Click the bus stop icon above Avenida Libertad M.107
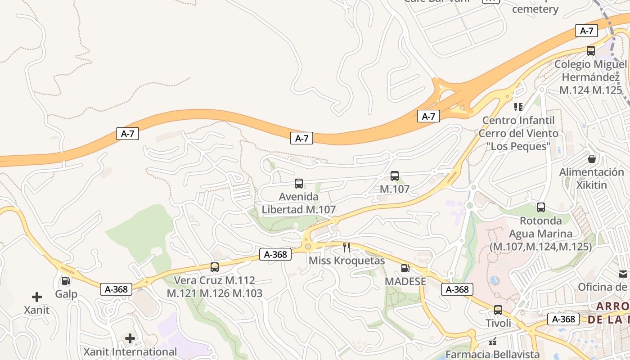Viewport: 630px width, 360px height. pyautogui.click(x=298, y=184)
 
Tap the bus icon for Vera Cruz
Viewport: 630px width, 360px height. pyautogui.click(x=215, y=267)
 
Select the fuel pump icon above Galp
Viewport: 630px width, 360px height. pyautogui.click(x=66, y=281)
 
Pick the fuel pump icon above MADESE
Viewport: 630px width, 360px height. pyautogui.click(x=405, y=269)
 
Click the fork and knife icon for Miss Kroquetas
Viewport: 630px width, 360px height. pyautogui.click(x=346, y=247)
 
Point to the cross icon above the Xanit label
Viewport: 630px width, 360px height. pyautogui.click(x=37, y=297)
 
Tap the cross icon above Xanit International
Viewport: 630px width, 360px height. pyautogui.click(x=130, y=338)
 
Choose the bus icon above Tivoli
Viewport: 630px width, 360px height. pyautogui.click(x=498, y=310)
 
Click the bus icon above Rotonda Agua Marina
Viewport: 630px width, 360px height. pyautogui.click(x=541, y=207)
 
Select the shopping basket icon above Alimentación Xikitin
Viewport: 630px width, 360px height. pyautogui.click(x=592, y=159)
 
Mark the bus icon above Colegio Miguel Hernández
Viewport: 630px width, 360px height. pyautogui.click(x=591, y=51)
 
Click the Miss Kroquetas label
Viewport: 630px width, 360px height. pyautogui.click(x=346, y=261)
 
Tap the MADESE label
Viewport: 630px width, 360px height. pyautogui.click(x=405, y=281)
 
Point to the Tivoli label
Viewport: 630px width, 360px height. pyautogui.click(x=498, y=323)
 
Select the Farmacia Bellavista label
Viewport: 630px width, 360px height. pyautogui.click(x=492, y=354)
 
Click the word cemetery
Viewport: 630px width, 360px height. pyautogui.click(x=535, y=9)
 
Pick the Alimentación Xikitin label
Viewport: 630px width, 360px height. pyautogui.click(x=592, y=179)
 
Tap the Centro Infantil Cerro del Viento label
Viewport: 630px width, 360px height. pyautogui.click(x=518, y=133)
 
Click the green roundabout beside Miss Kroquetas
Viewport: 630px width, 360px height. pyautogui.click(x=308, y=247)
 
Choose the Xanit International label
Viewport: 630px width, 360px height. pyautogui.click(x=130, y=351)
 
